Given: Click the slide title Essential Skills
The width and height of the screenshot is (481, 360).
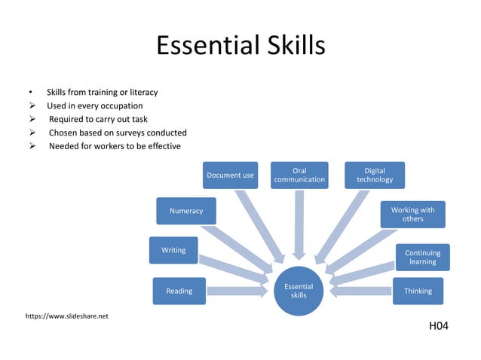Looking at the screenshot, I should (x=240, y=46).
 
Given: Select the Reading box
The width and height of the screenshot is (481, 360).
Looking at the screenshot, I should (x=179, y=291).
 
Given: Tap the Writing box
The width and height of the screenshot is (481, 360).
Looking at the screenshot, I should (x=173, y=250).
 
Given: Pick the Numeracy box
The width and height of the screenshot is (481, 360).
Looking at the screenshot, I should (x=185, y=211).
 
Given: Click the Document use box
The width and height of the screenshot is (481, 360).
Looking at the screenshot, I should (x=231, y=175).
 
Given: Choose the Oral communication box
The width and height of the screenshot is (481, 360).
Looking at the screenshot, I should (x=299, y=175).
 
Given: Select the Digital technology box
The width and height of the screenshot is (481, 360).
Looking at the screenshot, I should (x=375, y=175).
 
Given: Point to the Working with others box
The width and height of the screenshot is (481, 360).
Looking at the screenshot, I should (x=412, y=214).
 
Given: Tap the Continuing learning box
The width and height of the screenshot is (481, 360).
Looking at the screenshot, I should (x=422, y=257).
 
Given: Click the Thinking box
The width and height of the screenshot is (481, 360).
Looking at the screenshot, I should (x=418, y=291).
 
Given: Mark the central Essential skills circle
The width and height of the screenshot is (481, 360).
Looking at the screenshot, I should (x=299, y=291).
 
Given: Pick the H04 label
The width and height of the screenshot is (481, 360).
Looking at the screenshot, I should (x=438, y=326).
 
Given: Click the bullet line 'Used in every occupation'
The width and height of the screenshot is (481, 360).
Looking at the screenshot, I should (x=95, y=105).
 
